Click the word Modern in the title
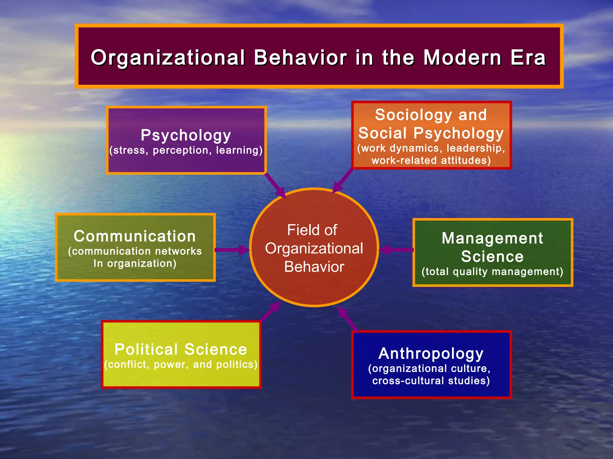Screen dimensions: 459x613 [462, 58]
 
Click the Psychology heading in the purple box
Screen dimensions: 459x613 [186, 135]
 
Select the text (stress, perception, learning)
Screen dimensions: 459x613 [186, 150]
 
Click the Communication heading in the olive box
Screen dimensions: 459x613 [135, 236]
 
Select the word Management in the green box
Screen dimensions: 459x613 [492, 238]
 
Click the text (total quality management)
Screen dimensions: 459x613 [492, 272]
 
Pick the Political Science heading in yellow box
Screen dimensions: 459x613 [180, 349]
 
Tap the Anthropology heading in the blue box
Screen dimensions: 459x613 [431, 354]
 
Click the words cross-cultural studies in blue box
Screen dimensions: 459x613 [431, 381]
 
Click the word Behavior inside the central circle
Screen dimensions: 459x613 [314, 267]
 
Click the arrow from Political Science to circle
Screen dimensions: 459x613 [270, 311]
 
